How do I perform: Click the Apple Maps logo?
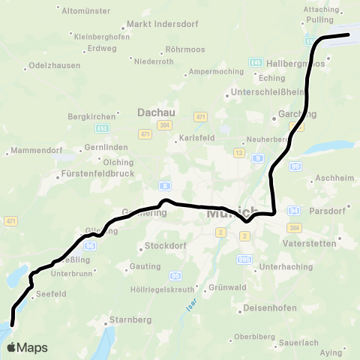pyautogui.click(x=28, y=347)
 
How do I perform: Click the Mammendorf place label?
pyautogui.click(x=34, y=151)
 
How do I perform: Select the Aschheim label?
pyautogui.click(x=335, y=181)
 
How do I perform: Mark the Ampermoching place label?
pyautogui.click(x=216, y=72)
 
